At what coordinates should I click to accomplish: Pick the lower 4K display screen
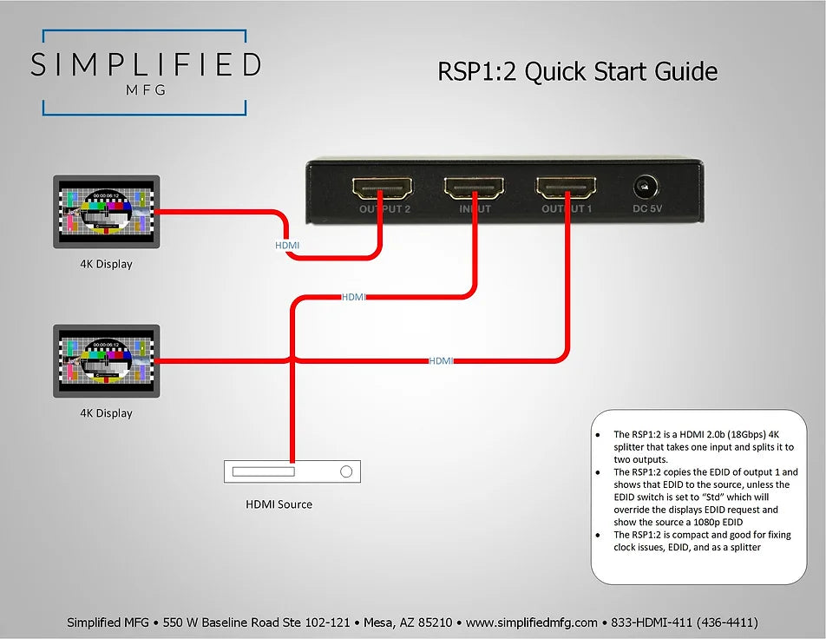[107, 360]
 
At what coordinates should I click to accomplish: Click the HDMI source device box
[292, 471]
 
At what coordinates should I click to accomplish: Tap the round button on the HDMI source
[346, 471]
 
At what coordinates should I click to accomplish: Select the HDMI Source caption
[279, 504]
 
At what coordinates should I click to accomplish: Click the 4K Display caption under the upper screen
[107, 264]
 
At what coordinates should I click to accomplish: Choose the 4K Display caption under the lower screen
[107, 413]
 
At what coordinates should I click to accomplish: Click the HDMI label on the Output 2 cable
[287, 246]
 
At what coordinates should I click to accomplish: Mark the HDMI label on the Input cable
[354, 297]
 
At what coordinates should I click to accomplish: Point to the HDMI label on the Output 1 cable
[441, 360]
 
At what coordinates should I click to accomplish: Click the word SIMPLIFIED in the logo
[145, 65]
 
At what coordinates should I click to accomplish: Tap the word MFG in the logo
[145, 89]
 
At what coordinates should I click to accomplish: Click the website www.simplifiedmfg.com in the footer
[532, 623]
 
